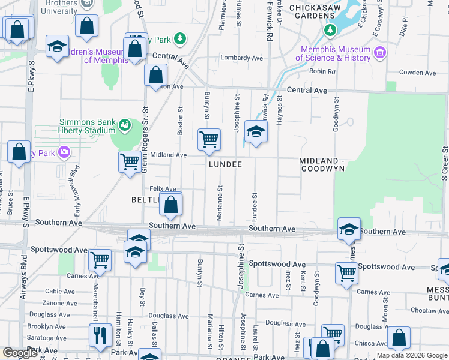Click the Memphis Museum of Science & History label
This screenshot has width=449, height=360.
coord(336,54)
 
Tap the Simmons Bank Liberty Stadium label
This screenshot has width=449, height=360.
coord(86,126)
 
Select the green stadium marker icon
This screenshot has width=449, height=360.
coord(124,125)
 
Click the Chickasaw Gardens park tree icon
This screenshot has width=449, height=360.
coord(329,29)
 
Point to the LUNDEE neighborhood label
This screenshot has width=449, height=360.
coord(225,164)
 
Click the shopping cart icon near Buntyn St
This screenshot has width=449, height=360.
coord(209,139)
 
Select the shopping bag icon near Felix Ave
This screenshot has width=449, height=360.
coord(172,204)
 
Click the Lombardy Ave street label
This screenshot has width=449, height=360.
coord(242,58)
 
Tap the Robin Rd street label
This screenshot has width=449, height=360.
coord(322,71)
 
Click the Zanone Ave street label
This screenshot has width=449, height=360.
coord(60,303)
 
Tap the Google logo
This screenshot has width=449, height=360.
coord(20,353)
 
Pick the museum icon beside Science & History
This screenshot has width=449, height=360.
coord(379,54)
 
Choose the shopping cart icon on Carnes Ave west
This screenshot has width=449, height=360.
coord(100,260)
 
